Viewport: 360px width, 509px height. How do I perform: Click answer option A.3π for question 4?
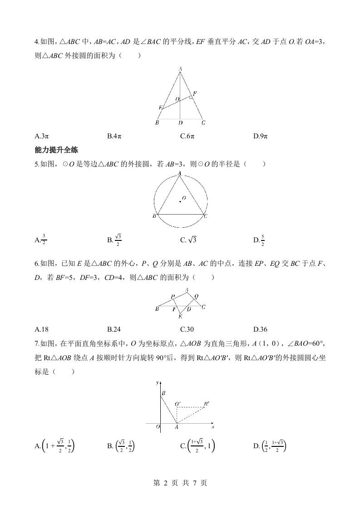[41, 136]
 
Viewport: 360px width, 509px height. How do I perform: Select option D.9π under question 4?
[261, 136]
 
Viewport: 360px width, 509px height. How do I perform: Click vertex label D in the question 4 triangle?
[181, 123]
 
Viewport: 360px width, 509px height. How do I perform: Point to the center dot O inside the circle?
[180, 201]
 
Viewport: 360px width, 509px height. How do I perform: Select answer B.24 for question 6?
[114, 329]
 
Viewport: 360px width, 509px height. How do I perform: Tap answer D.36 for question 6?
[260, 329]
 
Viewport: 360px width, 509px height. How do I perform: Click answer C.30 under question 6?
[187, 329]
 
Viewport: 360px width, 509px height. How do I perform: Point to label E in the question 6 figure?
[180, 316]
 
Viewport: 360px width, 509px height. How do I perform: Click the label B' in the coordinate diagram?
[207, 403]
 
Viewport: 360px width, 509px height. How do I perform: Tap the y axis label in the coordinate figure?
[157, 383]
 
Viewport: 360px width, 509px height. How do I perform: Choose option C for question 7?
[197, 446]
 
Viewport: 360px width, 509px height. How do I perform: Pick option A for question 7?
[55, 446]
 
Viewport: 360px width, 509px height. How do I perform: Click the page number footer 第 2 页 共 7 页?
[180, 483]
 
